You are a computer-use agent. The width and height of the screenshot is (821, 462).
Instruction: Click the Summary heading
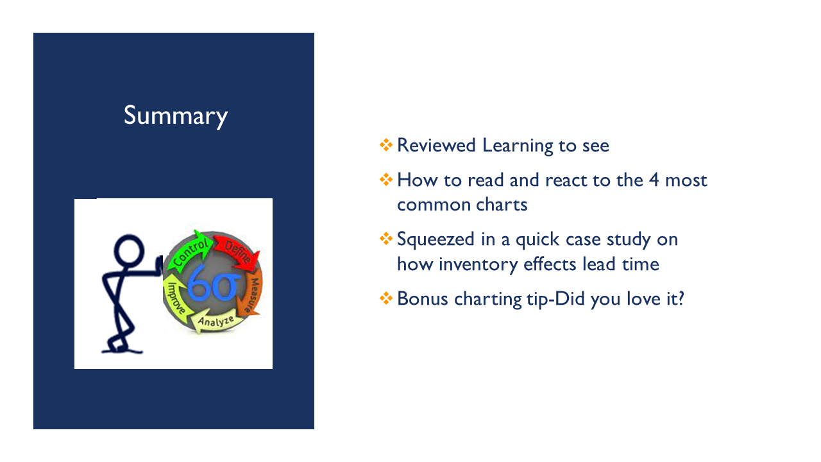point(176,116)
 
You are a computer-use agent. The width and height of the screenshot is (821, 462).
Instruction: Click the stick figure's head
point(129,250)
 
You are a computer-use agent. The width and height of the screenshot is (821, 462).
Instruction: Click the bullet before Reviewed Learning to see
point(386,145)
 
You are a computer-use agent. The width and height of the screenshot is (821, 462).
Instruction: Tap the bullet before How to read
point(386,180)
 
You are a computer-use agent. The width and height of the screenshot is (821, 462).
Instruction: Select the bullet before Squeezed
point(386,239)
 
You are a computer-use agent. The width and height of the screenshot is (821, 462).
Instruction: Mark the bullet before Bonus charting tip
point(386,298)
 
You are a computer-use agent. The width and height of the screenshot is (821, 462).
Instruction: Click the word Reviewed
point(436,145)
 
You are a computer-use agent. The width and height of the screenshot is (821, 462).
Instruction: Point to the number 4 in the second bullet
point(654,180)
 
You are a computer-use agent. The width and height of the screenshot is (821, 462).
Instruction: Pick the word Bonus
point(423,299)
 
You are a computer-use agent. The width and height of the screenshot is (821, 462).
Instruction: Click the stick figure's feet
point(121,346)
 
